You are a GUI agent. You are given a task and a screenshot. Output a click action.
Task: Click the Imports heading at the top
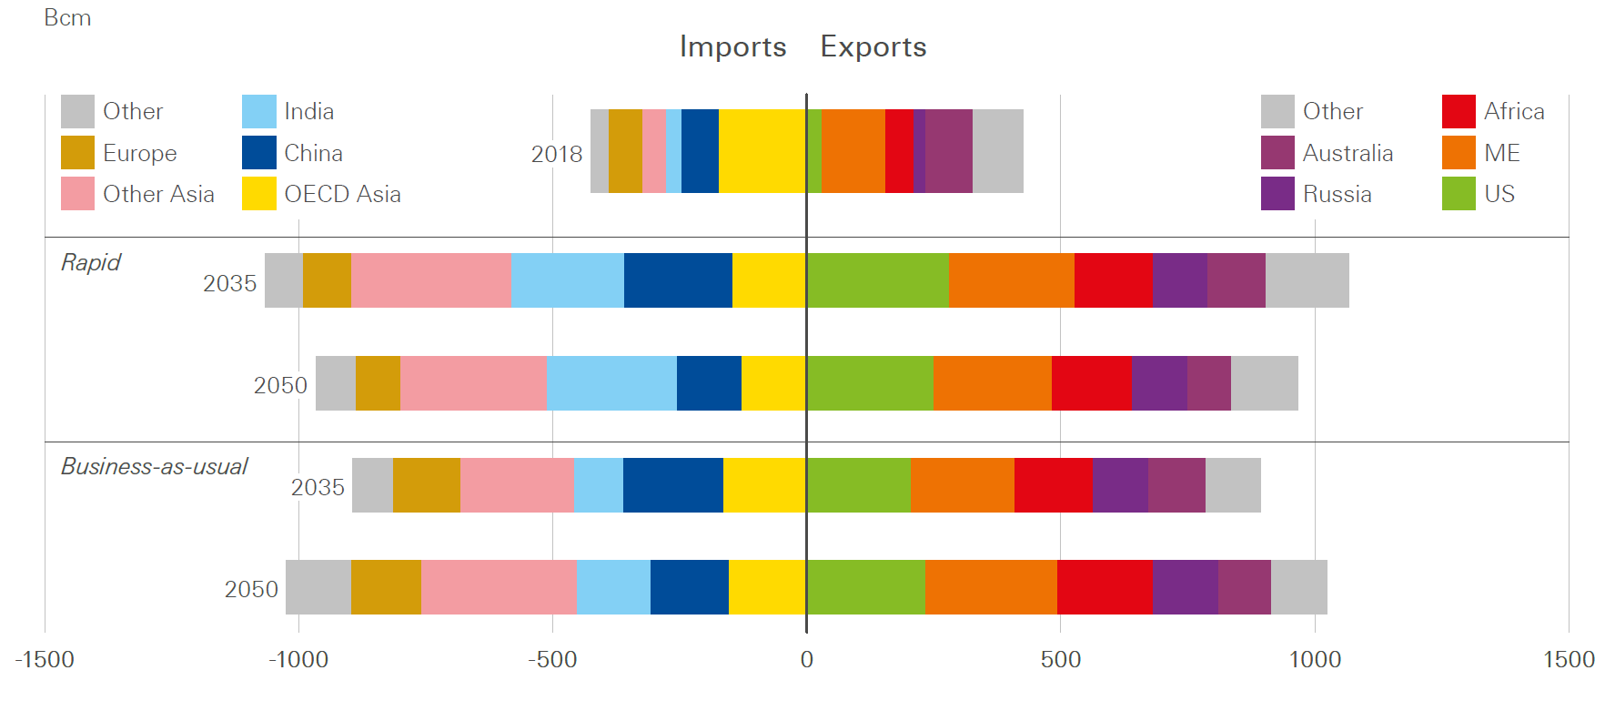[732, 46]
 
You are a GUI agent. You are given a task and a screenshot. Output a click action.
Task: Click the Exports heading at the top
[873, 46]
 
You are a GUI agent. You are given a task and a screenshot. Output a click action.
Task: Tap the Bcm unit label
[67, 18]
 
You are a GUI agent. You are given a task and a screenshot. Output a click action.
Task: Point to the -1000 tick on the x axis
[298, 660]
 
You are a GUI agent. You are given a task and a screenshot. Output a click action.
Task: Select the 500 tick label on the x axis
[1060, 660]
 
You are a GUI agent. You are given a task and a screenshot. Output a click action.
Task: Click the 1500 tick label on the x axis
[1569, 660]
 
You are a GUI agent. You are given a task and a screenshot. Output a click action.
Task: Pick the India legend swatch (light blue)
[258, 112]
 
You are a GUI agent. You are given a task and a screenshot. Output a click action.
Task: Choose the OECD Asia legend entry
[341, 194]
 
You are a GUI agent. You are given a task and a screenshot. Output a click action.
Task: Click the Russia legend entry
[1337, 194]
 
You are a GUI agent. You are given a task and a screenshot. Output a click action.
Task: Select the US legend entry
[1499, 194]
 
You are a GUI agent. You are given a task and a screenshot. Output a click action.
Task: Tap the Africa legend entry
[1513, 112]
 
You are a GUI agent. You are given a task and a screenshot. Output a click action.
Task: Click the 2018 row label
[556, 154]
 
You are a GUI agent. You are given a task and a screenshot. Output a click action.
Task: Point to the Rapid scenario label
[90, 262]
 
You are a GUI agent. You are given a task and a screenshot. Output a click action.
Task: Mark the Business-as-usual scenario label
[154, 467]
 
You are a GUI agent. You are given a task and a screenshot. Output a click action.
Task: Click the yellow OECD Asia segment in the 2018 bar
[762, 151]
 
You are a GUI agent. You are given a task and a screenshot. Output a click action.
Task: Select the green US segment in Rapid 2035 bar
[877, 280]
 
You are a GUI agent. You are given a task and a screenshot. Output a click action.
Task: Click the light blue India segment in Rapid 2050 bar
[611, 383]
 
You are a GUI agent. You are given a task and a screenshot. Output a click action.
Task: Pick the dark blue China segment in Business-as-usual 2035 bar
[672, 485]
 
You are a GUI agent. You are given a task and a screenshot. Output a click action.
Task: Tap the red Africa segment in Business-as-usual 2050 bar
[1105, 587]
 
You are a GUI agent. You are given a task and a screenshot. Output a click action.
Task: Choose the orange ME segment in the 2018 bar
[853, 151]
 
